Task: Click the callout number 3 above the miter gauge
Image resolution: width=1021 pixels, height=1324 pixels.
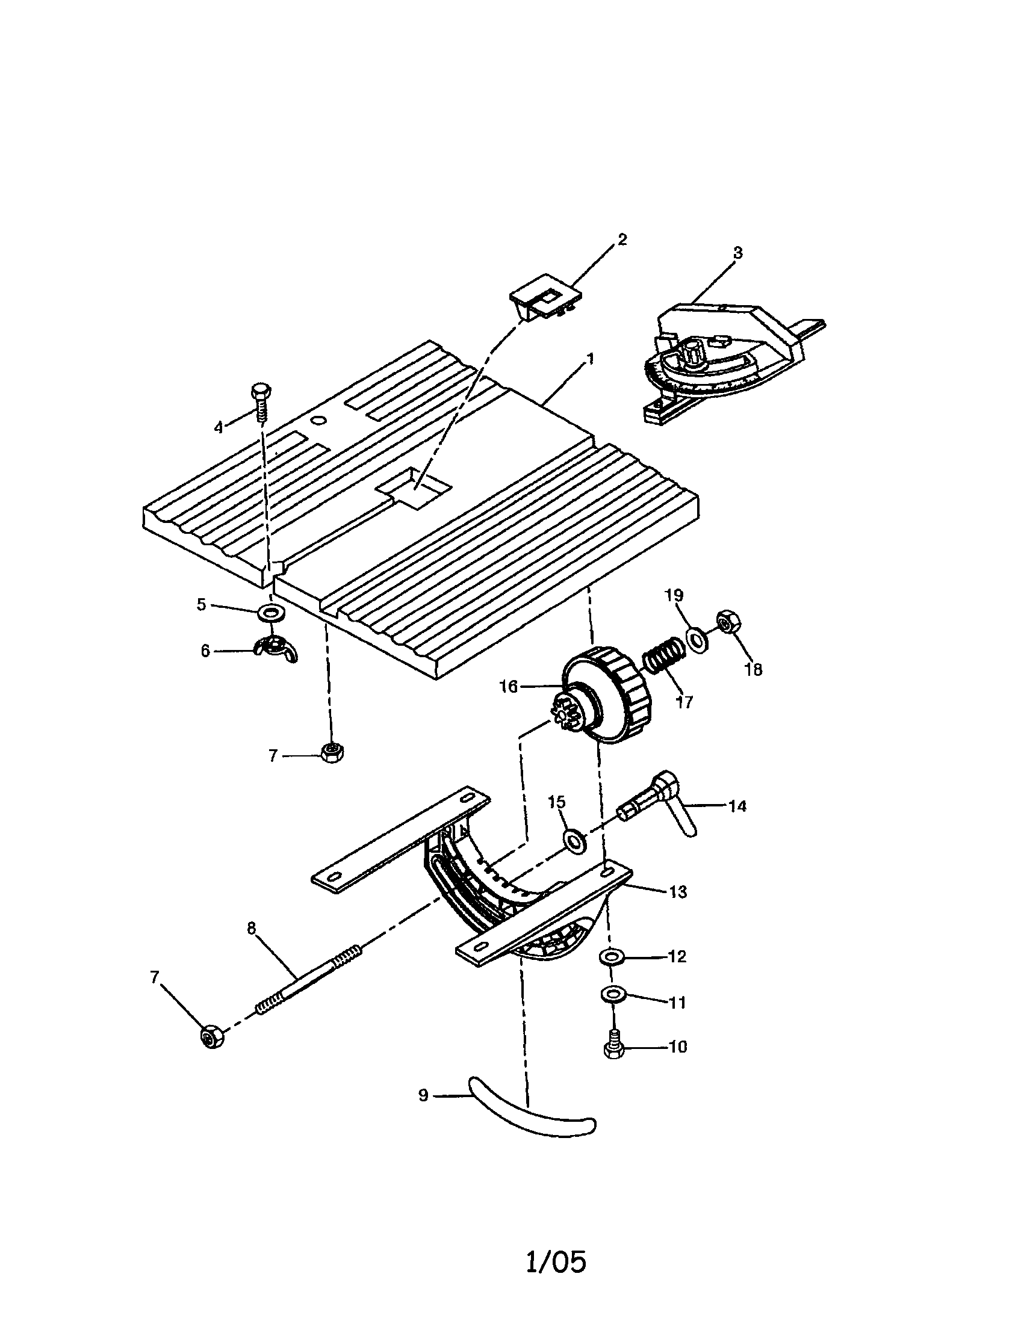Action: pos(737,253)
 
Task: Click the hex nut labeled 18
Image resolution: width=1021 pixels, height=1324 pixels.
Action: pos(727,622)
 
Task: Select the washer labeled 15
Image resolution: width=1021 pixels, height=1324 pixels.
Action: pos(574,841)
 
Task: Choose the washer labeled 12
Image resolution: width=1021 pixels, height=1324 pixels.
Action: pos(612,958)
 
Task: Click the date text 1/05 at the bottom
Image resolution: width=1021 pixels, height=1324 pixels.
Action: pos(556,1258)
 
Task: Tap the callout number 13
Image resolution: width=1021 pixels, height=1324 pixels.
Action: pos(677,891)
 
